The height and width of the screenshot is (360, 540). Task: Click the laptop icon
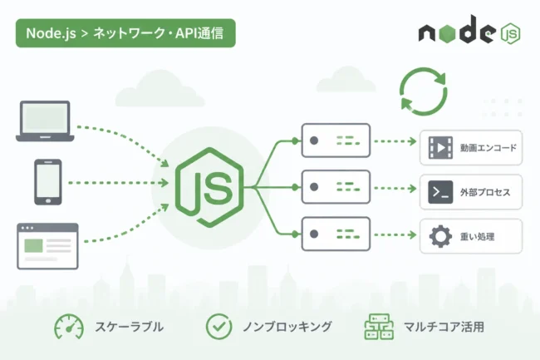(45, 121)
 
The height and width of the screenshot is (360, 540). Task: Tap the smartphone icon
(48, 182)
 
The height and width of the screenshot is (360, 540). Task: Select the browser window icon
(47, 246)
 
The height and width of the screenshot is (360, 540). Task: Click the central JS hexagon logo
(209, 187)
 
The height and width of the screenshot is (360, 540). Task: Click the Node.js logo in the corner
(469, 30)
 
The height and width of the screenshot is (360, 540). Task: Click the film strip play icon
(440, 148)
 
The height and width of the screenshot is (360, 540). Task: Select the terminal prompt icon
(440, 192)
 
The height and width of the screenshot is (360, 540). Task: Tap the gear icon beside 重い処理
(440, 236)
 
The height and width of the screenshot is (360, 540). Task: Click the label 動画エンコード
(488, 148)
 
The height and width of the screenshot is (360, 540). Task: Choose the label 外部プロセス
(485, 192)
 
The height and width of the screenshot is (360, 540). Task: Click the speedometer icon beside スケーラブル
(69, 327)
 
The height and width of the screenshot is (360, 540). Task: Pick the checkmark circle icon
(219, 327)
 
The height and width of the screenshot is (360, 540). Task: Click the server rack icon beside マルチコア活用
(379, 327)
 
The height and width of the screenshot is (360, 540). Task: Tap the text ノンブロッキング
(287, 327)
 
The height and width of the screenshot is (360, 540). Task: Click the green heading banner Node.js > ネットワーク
(125, 33)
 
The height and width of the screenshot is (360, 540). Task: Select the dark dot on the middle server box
(314, 187)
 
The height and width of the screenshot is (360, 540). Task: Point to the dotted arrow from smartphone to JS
(118, 183)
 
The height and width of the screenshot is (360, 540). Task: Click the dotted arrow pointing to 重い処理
(395, 235)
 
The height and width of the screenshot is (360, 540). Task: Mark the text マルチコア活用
(444, 327)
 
